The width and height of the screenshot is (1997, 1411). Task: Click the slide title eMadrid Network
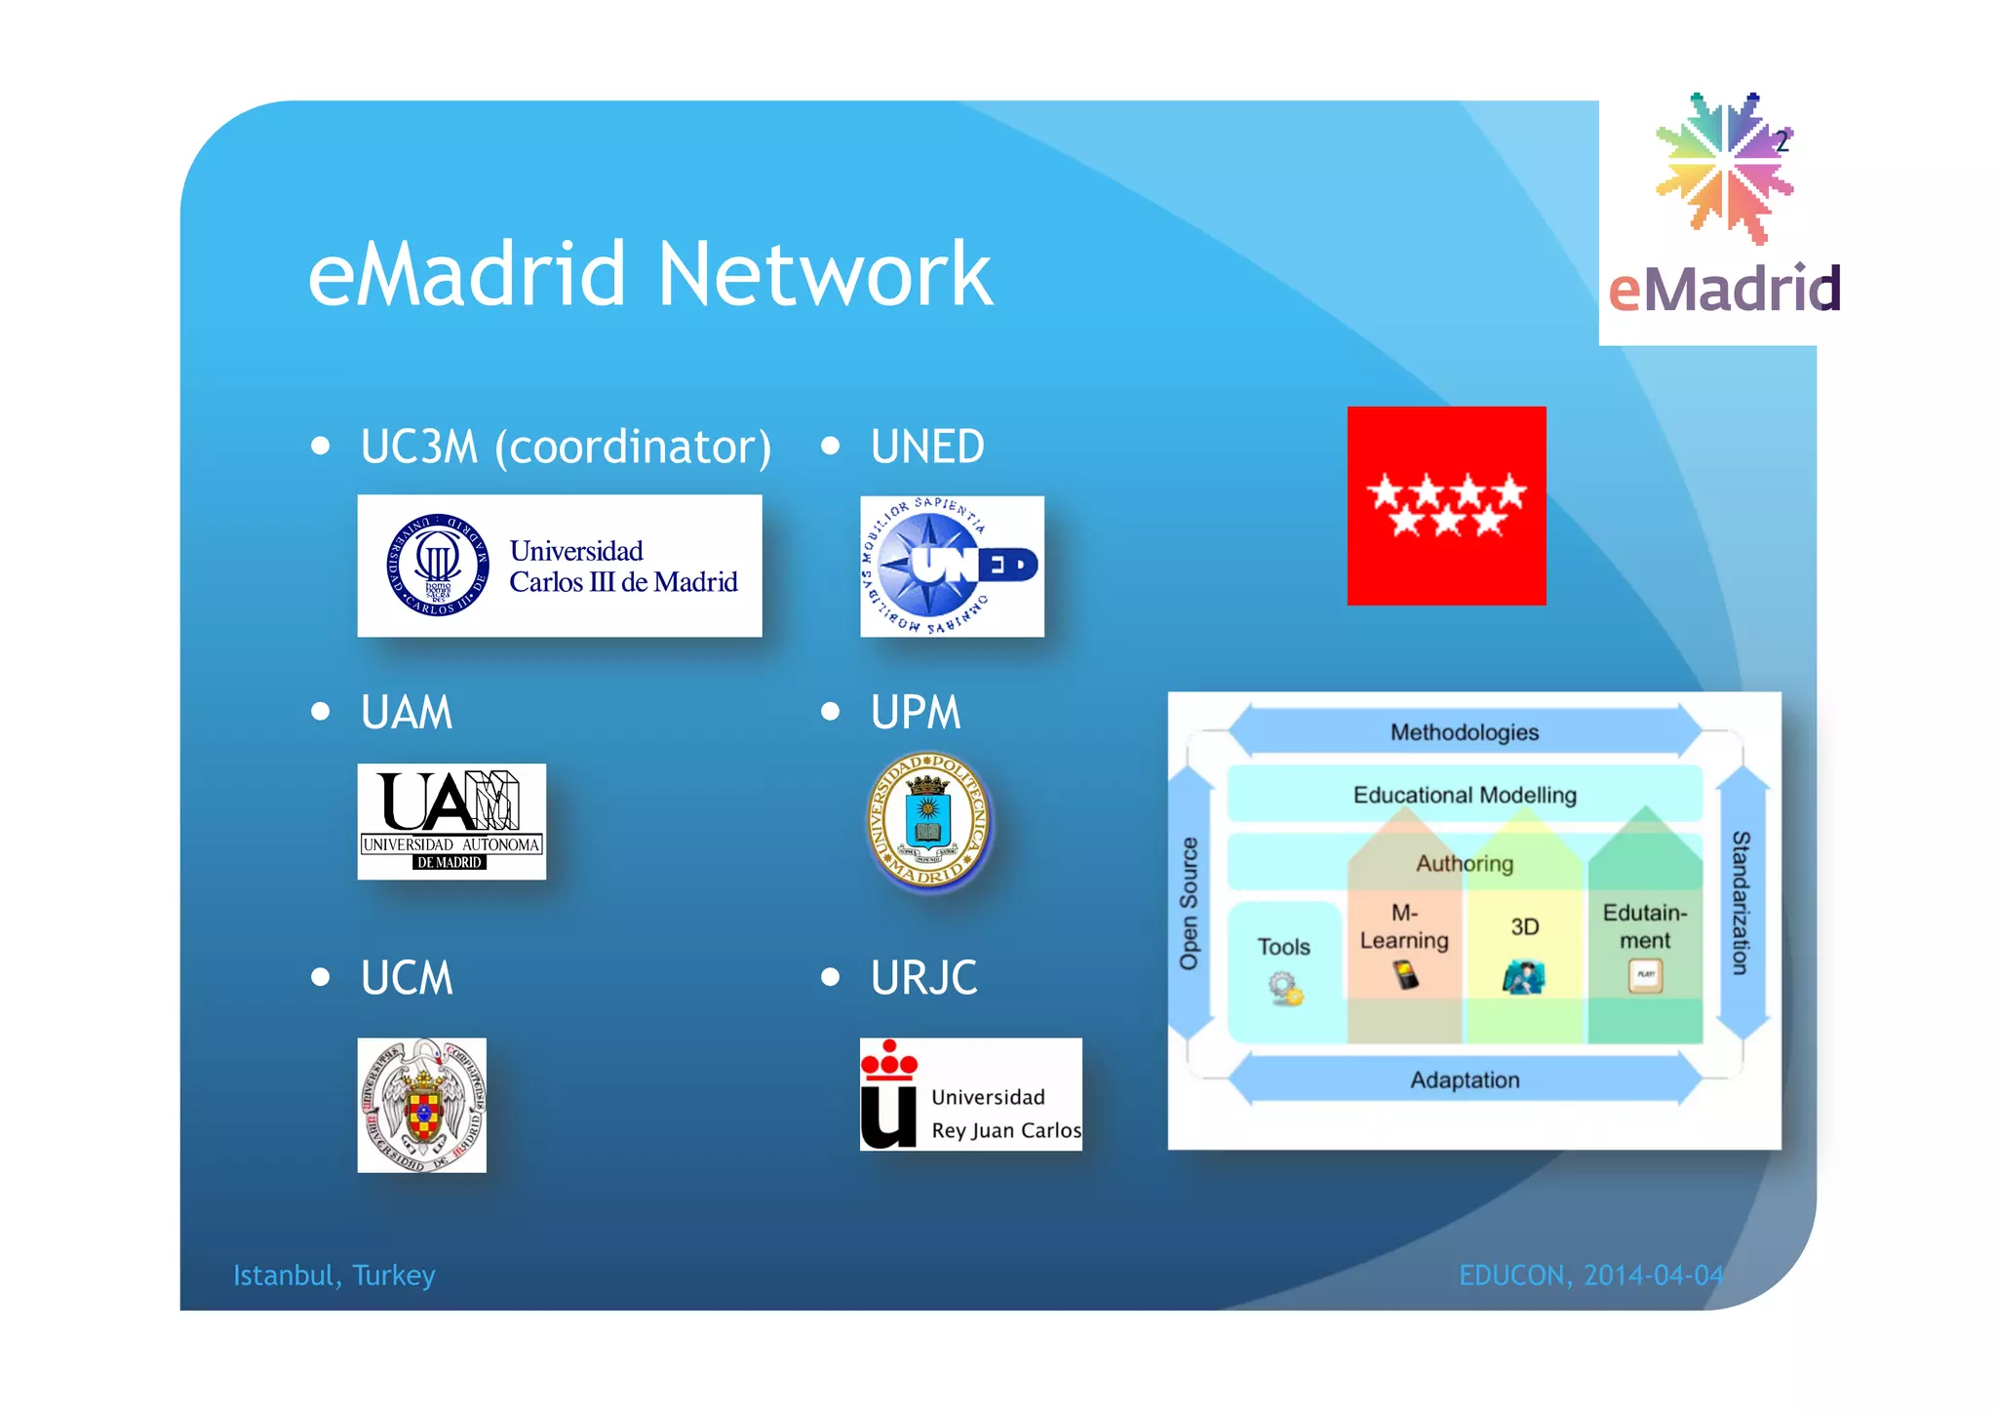pyautogui.click(x=649, y=275)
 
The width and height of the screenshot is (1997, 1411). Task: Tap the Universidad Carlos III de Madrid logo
pyautogui.click(x=559, y=566)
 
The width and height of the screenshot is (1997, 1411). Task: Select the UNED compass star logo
pyautogui.click(x=951, y=566)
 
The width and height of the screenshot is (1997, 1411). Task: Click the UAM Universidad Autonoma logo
pyautogui.click(x=450, y=821)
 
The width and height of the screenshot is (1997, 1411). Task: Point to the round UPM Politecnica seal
pyautogui.click(x=929, y=821)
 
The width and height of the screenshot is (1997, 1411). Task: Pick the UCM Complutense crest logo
pyautogui.click(x=421, y=1104)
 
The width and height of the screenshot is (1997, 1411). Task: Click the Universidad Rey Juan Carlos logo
pyautogui.click(x=970, y=1094)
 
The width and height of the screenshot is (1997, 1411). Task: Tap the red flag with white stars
pyautogui.click(x=1446, y=505)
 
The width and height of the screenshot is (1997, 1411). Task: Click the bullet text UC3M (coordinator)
pyautogui.click(x=566, y=447)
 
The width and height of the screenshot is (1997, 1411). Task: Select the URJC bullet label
pyautogui.click(x=923, y=978)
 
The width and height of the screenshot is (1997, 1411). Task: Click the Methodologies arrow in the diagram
pyautogui.click(x=1464, y=732)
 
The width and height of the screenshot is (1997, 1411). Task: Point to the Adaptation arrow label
pyautogui.click(x=1464, y=1080)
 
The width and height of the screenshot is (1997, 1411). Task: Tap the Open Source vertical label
pyautogui.click(x=1189, y=903)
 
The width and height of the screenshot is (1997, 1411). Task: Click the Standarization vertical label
pyautogui.click(x=1741, y=903)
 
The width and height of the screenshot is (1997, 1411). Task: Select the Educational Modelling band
pyautogui.click(x=1464, y=795)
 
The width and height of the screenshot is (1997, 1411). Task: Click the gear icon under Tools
pyautogui.click(x=1285, y=989)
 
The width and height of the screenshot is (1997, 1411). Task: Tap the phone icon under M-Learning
pyautogui.click(x=1405, y=974)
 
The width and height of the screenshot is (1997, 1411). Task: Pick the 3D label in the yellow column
pyautogui.click(x=1525, y=926)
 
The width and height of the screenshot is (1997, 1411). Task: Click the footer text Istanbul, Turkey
pyautogui.click(x=333, y=1275)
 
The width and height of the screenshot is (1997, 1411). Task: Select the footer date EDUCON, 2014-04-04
pyautogui.click(x=1590, y=1275)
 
